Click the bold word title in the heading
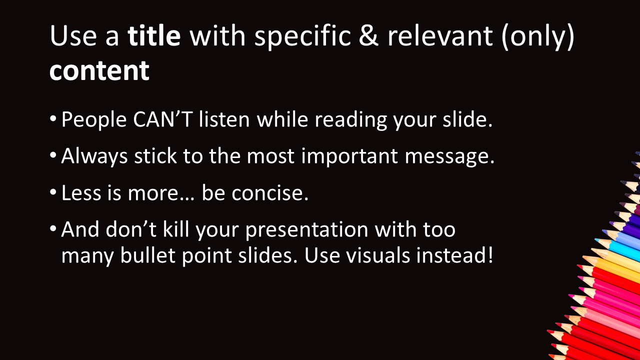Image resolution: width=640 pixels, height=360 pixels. [x=154, y=35]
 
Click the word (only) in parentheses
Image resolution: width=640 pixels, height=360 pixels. [x=537, y=37]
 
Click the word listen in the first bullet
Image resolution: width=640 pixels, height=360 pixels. [x=224, y=118]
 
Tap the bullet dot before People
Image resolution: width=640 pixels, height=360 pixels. [x=53, y=118]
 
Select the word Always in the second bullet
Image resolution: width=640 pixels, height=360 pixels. [x=94, y=156]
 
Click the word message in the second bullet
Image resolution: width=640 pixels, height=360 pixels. [x=449, y=156]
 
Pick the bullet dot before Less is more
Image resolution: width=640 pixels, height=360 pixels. [x=53, y=192]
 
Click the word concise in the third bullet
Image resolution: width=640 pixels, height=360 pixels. [x=270, y=193]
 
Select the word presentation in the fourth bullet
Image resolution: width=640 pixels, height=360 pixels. [x=307, y=230]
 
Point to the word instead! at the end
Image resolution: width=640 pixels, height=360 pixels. [x=454, y=255]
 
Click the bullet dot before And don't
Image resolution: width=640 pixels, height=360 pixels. [x=53, y=228]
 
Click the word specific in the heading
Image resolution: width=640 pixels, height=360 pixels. [x=302, y=37]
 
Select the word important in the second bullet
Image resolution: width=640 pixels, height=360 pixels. [x=349, y=156]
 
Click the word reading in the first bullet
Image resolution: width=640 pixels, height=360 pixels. [x=351, y=119]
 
